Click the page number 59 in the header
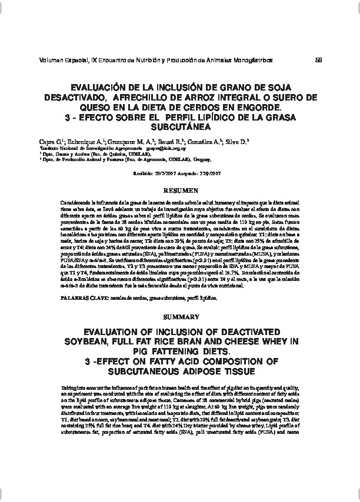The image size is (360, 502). tap(318, 59)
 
